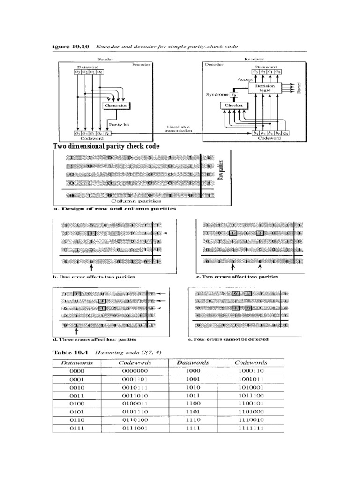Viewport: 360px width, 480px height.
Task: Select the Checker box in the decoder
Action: point(232,105)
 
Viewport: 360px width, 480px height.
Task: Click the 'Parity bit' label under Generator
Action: point(116,124)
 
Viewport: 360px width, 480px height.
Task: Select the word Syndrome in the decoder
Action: point(217,95)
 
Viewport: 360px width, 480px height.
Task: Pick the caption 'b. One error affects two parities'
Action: point(97,277)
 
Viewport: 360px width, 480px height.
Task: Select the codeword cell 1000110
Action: point(251,371)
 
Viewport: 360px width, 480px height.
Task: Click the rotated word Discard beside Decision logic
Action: point(299,87)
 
